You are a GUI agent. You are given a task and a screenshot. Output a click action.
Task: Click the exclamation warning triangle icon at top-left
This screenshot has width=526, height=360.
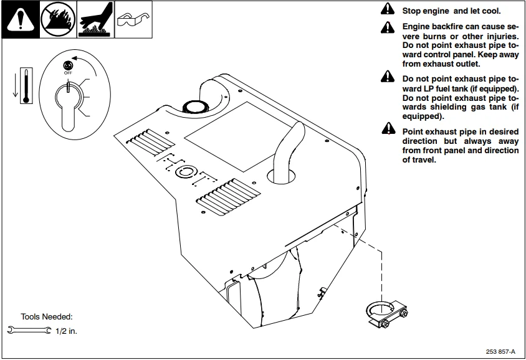tap(19, 20)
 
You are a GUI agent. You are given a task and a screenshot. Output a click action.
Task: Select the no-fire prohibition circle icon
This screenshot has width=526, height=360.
tap(57, 20)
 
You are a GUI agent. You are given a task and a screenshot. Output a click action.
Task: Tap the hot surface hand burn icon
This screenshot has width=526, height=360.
tap(95, 20)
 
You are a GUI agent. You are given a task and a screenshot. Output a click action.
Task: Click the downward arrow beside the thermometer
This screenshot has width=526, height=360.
tap(13, 85)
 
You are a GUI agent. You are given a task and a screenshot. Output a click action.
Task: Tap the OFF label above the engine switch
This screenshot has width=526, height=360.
tap(68, 72)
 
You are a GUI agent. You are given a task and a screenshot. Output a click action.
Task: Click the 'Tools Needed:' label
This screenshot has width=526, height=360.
tap(47, 316)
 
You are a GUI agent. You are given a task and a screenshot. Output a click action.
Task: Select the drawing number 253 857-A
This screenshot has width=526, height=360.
tap(501, 351)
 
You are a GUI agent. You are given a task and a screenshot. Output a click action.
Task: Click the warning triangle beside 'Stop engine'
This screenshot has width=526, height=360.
tap(388, 11)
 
